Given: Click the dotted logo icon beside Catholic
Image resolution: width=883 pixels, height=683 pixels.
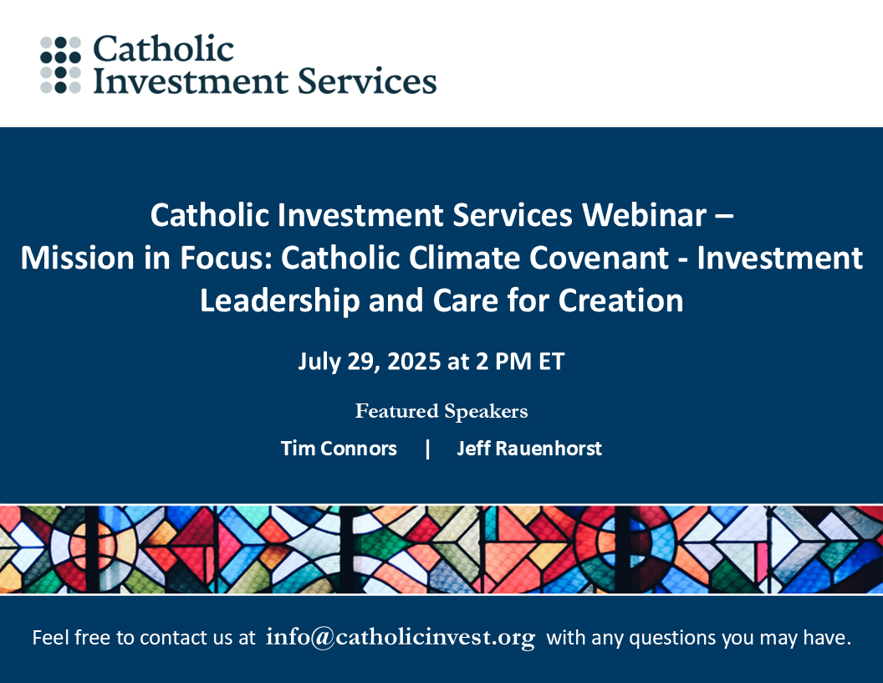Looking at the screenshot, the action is pyautogui.click(x=61, y=64).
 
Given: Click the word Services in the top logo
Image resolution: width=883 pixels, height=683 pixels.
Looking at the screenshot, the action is pyautogui.click(x=367, y=80).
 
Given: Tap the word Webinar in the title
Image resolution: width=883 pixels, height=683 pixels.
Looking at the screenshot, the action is pyautogui.click(x=644, y=215).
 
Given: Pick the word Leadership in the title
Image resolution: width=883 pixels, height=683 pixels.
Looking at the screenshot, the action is pyautogui.click(x=280, y=300).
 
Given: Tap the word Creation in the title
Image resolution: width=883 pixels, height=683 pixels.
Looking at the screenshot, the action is pyautogui.click(x=620, y=300).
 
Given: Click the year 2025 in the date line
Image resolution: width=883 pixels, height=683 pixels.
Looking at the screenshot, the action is pyautogui.click(x=414, y=362).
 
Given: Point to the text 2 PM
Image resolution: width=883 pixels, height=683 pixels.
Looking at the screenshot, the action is pyautogui.click(x=504, y=362).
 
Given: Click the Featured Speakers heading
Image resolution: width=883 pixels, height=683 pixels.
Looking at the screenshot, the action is pyautogui.click(x=441, y=411).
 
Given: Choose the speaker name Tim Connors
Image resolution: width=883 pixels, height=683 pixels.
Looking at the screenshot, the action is pyautogui.click(x=339, y=449).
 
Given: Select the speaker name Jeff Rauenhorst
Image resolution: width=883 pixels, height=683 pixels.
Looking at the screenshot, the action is pyautogui.click(x=529, y=449).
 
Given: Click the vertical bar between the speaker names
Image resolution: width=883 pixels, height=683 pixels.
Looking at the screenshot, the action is pyautogui.click(x=428, y=449).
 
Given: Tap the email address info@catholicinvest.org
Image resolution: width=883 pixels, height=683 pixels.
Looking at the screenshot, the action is pyautogui.click(x=401, y=637).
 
